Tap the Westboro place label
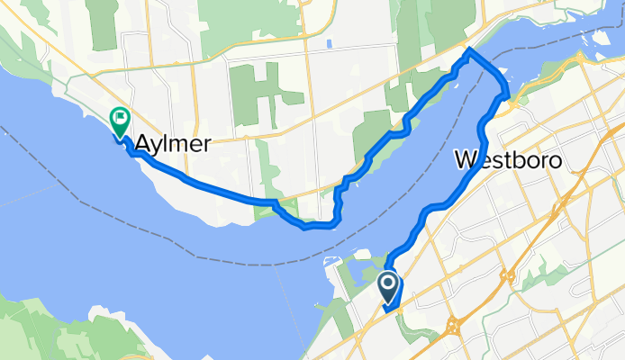coord(509,160)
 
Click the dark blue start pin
coord(389,288)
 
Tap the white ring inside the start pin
coord(389,284)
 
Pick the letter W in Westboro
coord(466,160)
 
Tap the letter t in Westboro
coord(512,160)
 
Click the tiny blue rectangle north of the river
coord(331,42)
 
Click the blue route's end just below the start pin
coord(385,310)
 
